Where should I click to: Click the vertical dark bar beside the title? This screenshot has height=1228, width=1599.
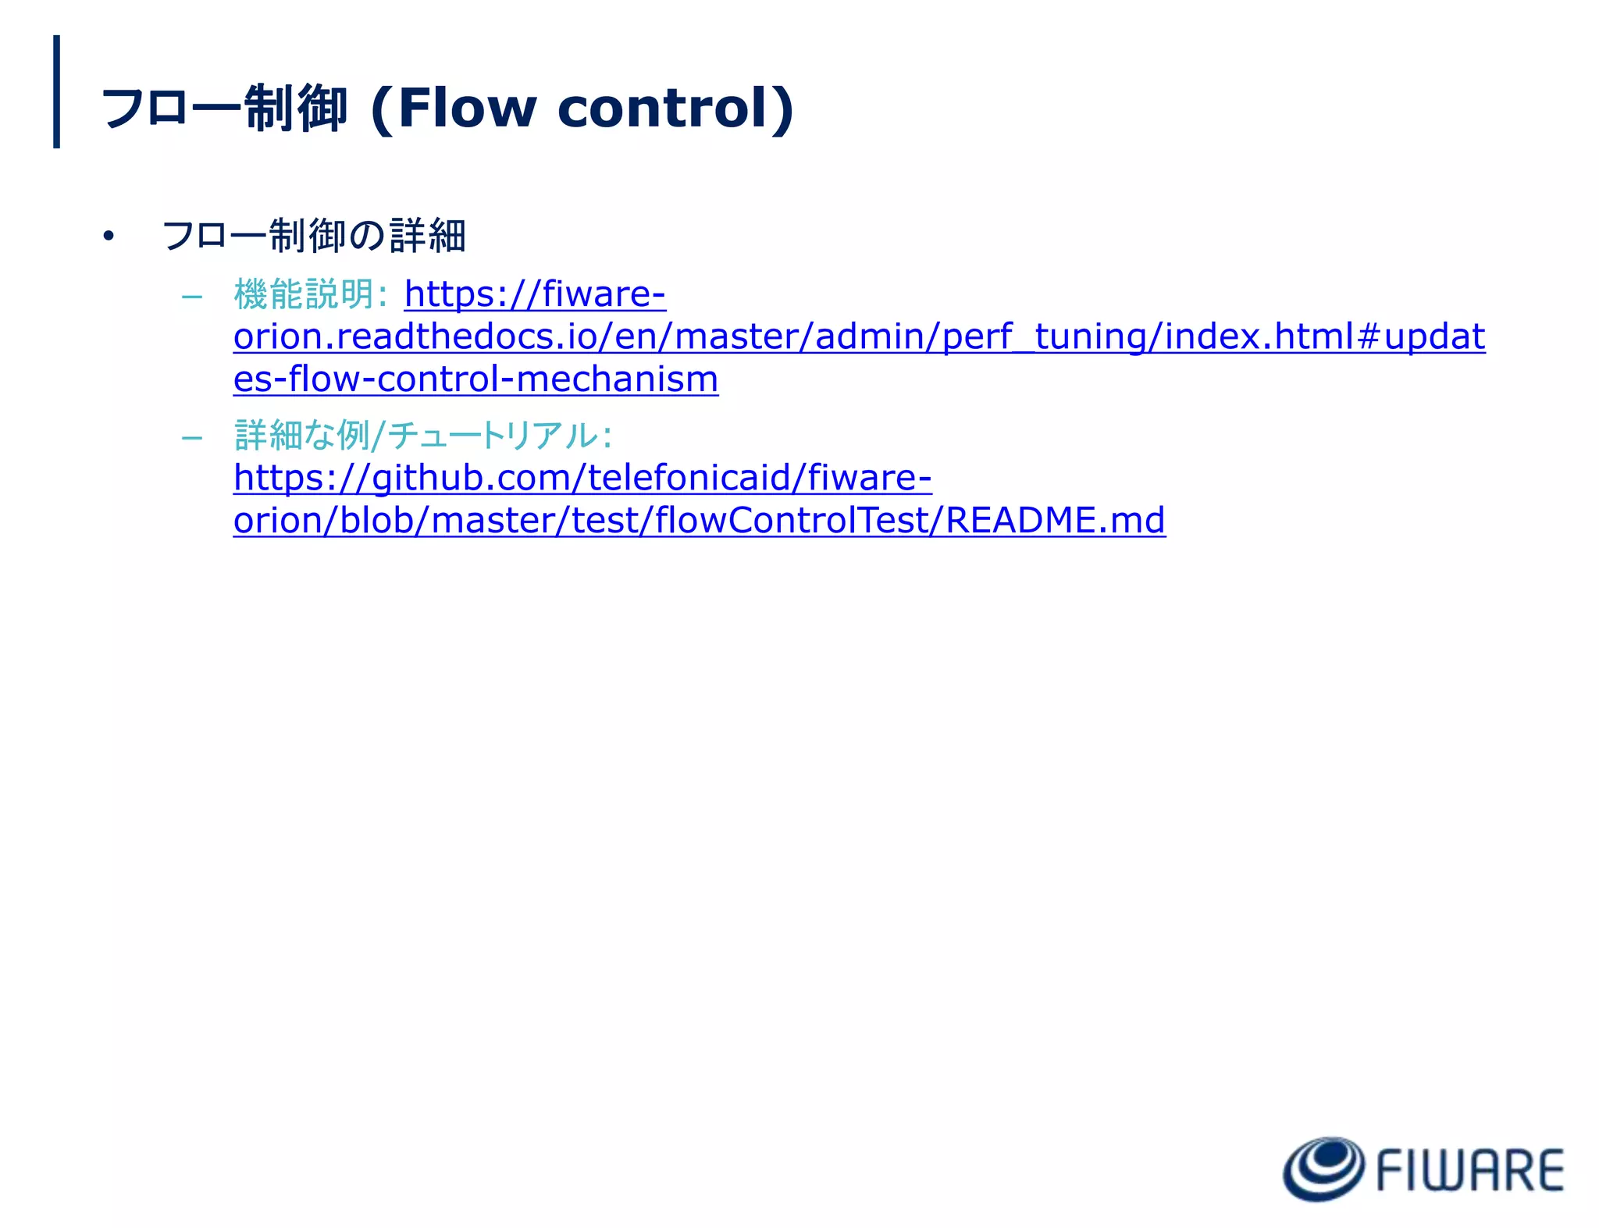[x=56, y=91]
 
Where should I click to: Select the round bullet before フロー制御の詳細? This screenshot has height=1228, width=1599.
[x=108, y=236]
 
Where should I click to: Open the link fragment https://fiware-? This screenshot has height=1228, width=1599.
[x=535, y=294]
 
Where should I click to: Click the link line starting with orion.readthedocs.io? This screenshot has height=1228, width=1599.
[x=859, y=336]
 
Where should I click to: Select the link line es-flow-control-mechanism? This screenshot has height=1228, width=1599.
[x=475, y=379]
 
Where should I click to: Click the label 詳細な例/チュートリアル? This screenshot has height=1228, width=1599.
[x=422, y=435]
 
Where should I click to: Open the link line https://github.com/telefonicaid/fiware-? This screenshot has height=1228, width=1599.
[x=582, y=478]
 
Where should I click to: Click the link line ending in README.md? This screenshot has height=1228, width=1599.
[x=699, y=520]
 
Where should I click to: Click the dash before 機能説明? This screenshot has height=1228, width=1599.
[x=191, y=297]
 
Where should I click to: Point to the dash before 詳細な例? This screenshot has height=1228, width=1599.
[x=191, y=437]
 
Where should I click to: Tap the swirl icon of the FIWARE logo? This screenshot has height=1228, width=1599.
[x=1323, y=1169]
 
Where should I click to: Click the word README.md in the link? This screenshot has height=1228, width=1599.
[x=1055, y=520]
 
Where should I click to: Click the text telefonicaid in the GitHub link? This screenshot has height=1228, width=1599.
[x=689, y=478]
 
